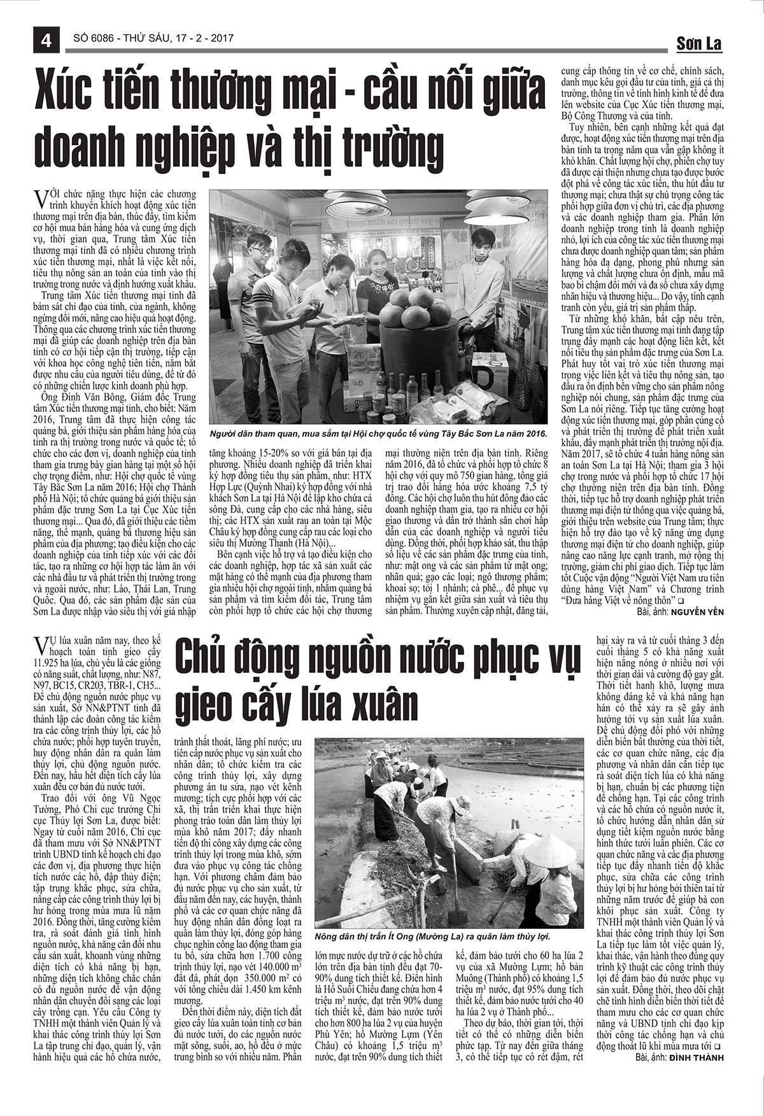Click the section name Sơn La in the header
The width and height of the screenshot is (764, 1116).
(698, 44)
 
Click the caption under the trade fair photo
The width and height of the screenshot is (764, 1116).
(378, 432)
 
